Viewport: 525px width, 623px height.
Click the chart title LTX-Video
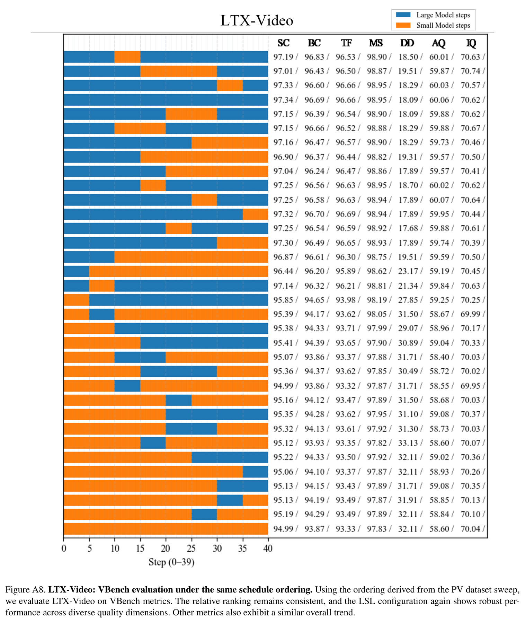click(257, 20)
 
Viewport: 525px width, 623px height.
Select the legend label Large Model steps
click(443, 15)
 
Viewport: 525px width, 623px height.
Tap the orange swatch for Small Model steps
click(403, 25)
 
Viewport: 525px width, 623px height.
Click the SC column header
click(283, 43)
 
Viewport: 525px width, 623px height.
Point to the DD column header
click(407, 43)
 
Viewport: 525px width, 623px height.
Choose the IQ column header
click(471, 43)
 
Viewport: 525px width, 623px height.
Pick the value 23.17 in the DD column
click(408, 271)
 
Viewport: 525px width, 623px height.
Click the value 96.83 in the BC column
click(314, 57)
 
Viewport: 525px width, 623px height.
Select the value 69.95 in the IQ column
click(470, 386)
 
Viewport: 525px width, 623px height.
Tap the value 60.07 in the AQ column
click(439, 200)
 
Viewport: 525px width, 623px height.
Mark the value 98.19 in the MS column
click(377, 300)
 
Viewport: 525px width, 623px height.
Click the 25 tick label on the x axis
click(191, 549)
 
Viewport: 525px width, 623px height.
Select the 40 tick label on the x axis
click(268, 549)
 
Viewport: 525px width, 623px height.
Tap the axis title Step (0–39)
click(171, 562)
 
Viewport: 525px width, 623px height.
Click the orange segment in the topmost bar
click(127, 57)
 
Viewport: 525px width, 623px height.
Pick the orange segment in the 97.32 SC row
click(255, 214)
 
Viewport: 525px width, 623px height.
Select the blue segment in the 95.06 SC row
click(255, 472)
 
